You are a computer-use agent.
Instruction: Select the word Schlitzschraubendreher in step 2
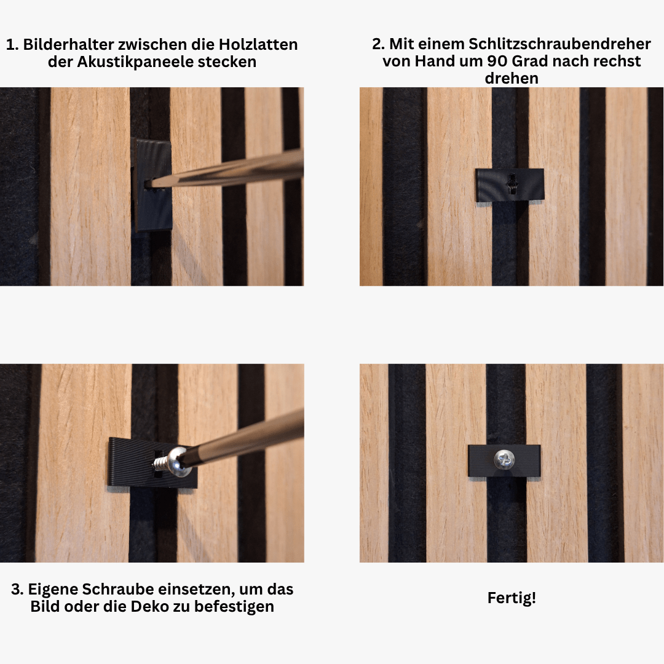(560, 44)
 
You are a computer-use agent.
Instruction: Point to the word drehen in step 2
(512, 78)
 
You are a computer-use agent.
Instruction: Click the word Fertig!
(512, 598)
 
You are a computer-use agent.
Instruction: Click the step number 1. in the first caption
(12, 44)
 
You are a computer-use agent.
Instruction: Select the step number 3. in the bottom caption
(17, 589)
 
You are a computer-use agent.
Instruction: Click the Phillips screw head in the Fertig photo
(504, 460)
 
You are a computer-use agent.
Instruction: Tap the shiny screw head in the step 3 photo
(179, 462)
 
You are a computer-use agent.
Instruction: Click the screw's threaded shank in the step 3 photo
(160, 462)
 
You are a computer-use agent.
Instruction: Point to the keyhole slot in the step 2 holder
(512, 184)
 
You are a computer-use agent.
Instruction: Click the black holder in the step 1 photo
(152, 185)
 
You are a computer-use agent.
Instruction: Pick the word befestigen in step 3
(234, 606)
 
